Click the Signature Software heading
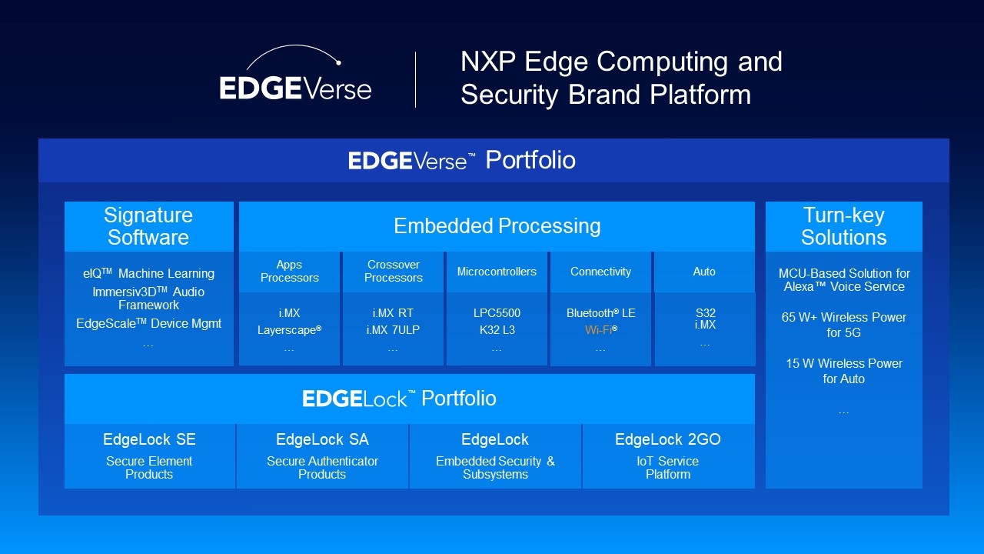point(148,226)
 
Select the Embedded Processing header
point(497,226)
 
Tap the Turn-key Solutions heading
point(843,226)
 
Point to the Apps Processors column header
point(289,272)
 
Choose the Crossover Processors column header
point(393,272)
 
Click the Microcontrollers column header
point(497,272)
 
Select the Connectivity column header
point(600,272)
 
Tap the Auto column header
point(704,272)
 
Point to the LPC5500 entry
point(497,313)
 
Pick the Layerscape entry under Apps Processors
point(289,330)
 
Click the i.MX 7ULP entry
point(393,330)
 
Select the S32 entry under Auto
point(704,312)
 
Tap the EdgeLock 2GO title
point(667,439)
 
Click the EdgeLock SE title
point(149,439)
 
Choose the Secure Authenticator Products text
point(322,468)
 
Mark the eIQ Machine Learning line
point(148,273)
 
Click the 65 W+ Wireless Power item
point(843,325)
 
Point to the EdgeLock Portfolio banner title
point(399,399)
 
